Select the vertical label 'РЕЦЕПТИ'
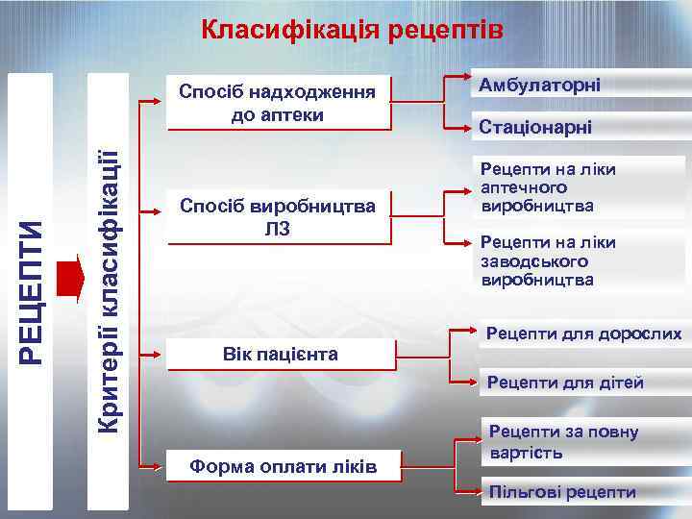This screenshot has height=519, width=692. pos(35,288)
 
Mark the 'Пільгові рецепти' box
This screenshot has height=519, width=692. pos(562,492)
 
